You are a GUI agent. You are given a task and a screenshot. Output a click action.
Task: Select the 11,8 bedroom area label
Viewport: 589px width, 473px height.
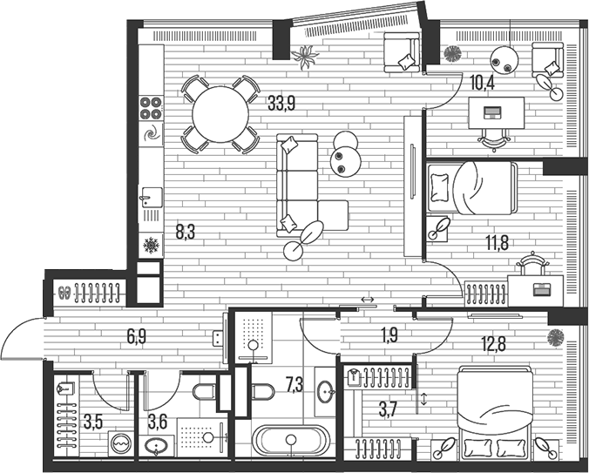(498, 243)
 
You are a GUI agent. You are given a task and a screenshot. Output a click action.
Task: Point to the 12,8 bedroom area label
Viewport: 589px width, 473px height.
(494, 342)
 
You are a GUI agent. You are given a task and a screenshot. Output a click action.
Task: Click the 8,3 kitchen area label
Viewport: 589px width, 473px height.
(186, 233)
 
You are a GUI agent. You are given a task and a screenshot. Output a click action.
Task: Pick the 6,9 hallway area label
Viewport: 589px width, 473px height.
(136, 336)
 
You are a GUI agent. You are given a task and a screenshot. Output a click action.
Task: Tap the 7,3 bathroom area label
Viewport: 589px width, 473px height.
(294, 385)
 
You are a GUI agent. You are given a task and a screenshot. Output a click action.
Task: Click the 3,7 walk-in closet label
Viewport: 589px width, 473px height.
(388, 409)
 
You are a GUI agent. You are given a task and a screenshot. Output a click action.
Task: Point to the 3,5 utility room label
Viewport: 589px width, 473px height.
(93, 422)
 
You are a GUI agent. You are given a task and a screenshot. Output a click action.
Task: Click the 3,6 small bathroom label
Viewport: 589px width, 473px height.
(158, 422)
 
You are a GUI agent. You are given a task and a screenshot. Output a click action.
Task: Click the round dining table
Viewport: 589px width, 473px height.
(220, 114)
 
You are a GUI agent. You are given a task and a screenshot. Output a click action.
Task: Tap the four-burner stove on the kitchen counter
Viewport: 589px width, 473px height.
(151, 108)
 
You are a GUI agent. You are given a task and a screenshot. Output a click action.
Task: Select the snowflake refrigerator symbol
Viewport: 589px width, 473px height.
(151, 245)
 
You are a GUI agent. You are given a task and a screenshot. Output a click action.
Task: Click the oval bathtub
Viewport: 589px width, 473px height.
(291, 441)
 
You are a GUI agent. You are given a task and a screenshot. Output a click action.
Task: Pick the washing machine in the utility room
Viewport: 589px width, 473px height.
(121, 443)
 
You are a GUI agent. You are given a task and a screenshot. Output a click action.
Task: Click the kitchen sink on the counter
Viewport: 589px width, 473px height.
(151, 197)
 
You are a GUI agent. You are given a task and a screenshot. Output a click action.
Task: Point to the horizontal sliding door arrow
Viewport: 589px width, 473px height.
(367, 300)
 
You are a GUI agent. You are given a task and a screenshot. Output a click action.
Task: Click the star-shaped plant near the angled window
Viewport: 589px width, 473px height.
(305, 57)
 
